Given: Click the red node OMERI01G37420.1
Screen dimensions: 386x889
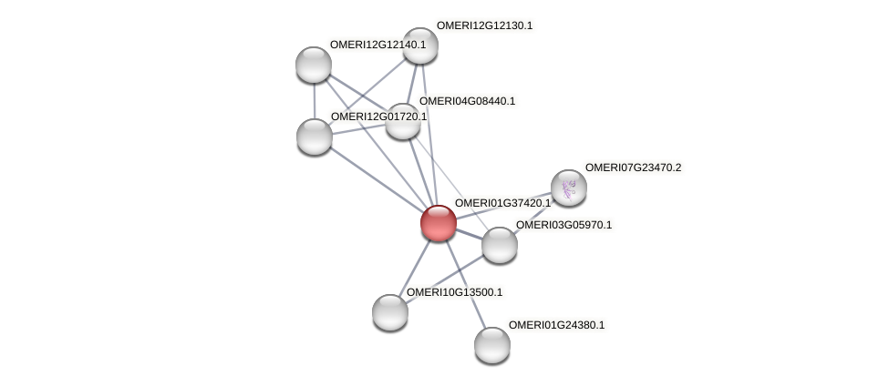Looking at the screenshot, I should click(x=438, y=222).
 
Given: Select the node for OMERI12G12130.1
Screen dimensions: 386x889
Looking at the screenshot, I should click(x=420, y=46).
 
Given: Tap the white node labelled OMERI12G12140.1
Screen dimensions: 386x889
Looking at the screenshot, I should click(x=314, y=65).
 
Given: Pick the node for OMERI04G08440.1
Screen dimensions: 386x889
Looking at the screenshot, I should click(x=402, y=121).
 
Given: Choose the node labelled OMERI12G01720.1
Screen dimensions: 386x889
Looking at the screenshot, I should click(x=315, y=137).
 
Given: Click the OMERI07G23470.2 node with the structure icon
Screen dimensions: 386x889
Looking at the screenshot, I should click(x=569, y=188).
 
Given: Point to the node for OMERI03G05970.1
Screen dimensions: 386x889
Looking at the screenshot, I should click(x=499, y=244).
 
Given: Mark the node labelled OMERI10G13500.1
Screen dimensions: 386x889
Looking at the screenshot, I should click(x=390, y=311).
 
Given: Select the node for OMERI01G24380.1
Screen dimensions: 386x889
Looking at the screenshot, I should click(x=492, y=344).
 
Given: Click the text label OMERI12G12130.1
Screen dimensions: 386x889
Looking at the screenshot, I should click(x=484, y=25).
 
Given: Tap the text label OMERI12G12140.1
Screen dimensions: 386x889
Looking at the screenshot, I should click(x=377, y=44).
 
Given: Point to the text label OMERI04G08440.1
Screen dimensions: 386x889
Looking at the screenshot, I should click(x=467, y=101).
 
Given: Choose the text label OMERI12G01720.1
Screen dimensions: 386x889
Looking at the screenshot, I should click(x=378, y=117).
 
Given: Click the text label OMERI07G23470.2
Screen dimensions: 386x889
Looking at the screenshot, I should click(x=633, y=168).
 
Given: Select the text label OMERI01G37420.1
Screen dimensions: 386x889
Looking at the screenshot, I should click(x=502, y=203).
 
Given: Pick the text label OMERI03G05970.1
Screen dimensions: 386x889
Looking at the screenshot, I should click(x=563, y=225).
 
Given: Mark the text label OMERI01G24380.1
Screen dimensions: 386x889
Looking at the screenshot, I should click(x=556, y=325).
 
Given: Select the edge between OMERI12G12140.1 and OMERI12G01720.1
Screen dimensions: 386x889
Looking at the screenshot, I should click(x=314, y=100).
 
